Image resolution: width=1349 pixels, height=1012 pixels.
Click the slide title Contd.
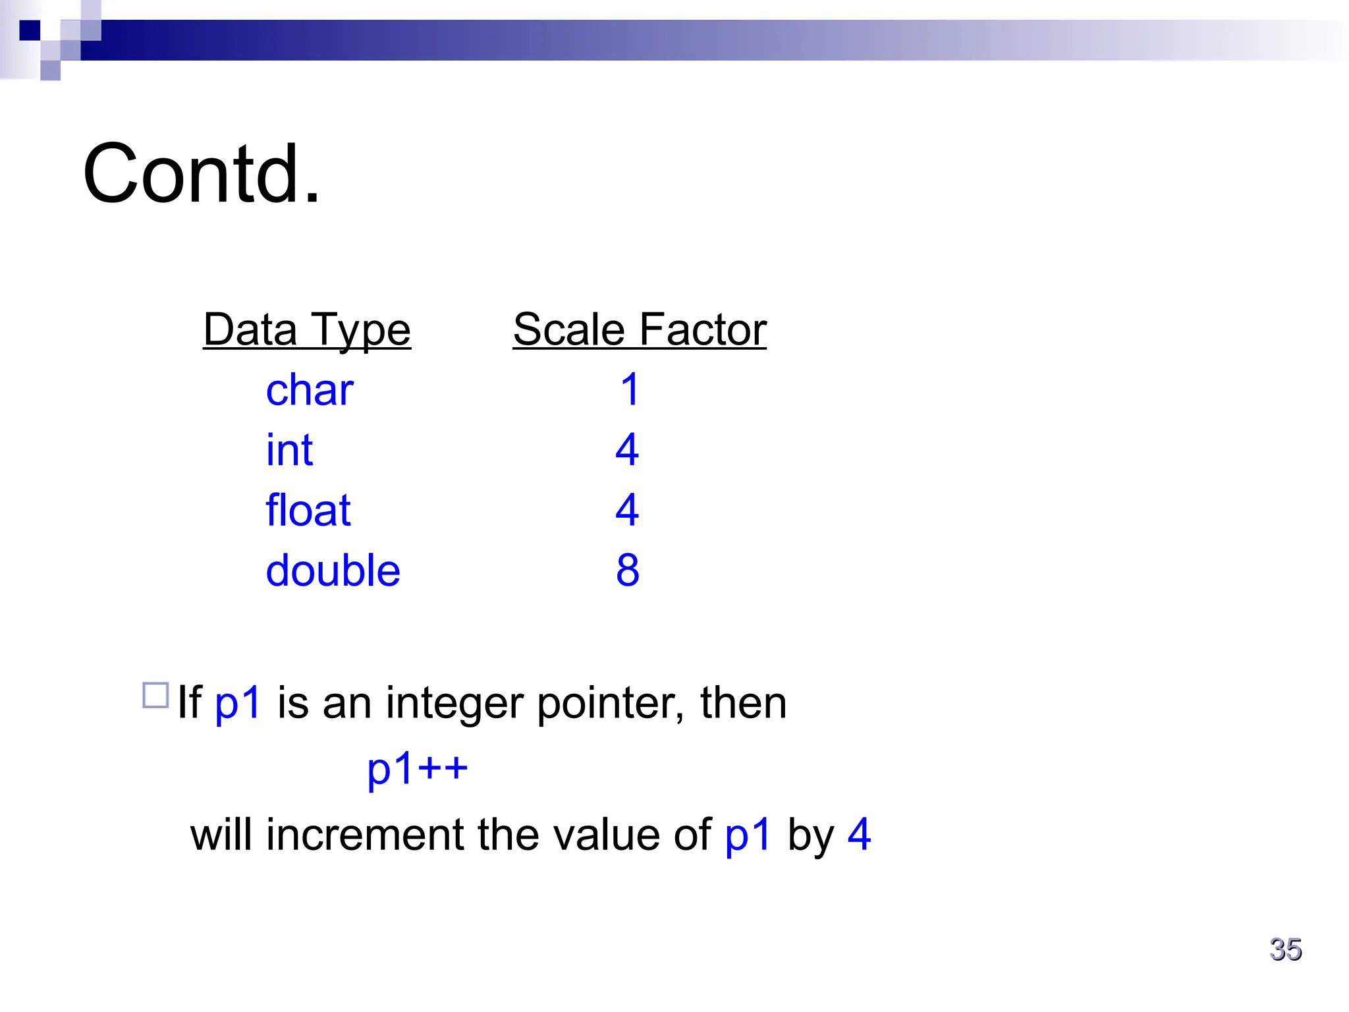[x=201, y=174]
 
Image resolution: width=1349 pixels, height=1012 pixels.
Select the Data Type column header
[x=307, y=329]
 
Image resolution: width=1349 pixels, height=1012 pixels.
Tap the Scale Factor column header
[x=640, y=329]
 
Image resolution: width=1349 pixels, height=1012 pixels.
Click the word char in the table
[x=310, y=390]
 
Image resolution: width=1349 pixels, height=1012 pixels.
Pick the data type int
[x=289, y=451]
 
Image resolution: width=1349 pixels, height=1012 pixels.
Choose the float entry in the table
[x=308, y=511]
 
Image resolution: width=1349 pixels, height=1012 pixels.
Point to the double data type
[x=333, y=571]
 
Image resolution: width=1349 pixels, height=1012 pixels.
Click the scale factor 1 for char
[x=630, y=389]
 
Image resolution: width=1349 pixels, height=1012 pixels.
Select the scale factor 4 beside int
[x=627, y=450]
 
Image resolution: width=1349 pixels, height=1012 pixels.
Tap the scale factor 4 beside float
[x=627, y=510]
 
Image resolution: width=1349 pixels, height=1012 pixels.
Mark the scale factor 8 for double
[x=628, y=570]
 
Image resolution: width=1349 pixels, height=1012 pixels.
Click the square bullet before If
[x=155, y=696]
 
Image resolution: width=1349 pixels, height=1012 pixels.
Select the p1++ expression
[x=417, y=768]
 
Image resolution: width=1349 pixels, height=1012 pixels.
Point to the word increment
[x=366, y=835]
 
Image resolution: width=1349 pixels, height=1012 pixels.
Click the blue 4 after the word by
[x=859, y=834]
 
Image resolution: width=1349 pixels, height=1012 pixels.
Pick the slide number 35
[x=1285, y=949]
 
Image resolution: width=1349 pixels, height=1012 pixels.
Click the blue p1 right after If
[x=238, y=703]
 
